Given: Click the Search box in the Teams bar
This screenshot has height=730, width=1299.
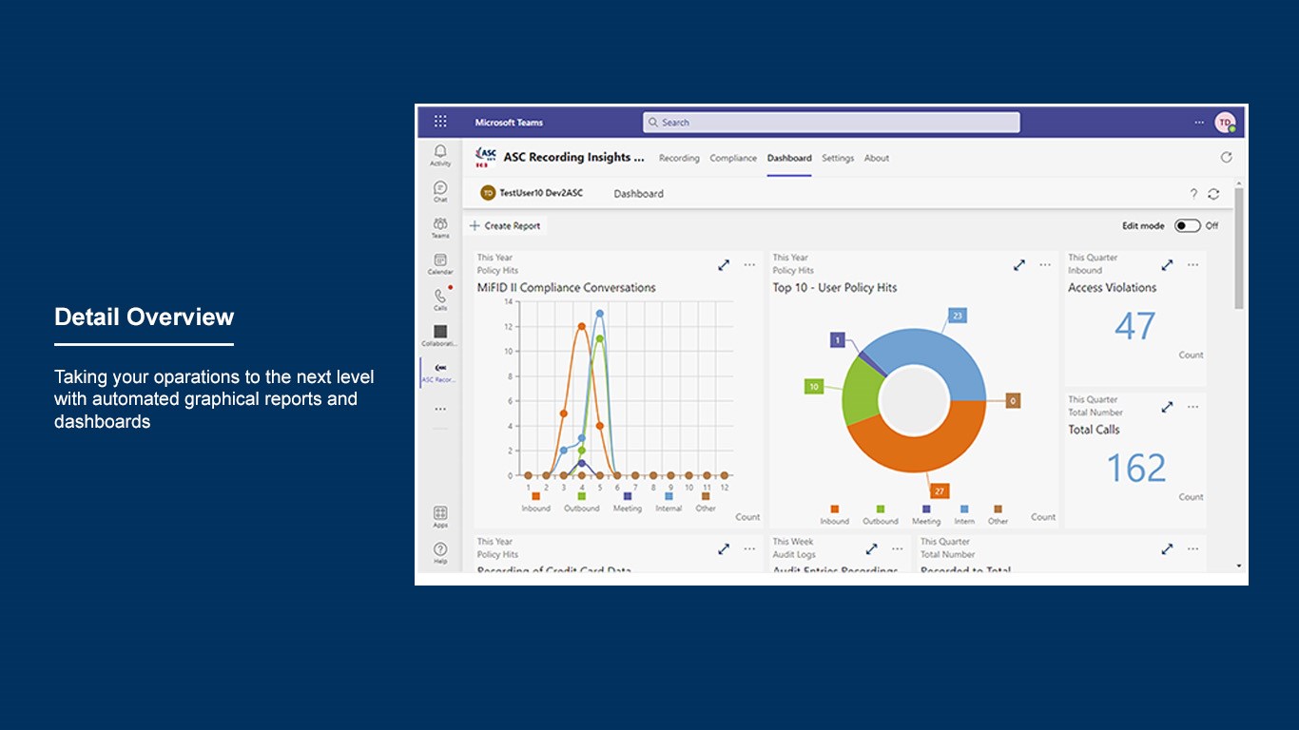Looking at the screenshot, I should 830,123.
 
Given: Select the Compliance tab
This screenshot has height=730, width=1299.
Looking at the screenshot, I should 733,159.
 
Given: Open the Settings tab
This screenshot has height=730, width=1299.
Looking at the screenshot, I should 838,159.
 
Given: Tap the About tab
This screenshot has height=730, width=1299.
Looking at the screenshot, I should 877,159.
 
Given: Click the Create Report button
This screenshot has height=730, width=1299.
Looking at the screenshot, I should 506,226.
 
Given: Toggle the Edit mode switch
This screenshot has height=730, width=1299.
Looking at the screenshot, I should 1187,226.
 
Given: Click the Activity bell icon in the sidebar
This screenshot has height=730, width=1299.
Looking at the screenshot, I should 440,151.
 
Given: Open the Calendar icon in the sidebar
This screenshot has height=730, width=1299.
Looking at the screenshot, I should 440,260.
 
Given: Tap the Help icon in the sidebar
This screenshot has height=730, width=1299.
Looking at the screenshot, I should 440,549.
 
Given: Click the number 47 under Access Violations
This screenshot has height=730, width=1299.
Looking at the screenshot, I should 1134,326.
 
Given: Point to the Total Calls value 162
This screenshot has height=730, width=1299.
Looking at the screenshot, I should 1135,468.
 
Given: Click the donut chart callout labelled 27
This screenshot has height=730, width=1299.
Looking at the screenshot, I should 940,490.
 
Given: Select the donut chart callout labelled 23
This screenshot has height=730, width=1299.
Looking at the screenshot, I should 957,316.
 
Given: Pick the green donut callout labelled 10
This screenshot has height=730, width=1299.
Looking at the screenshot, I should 814,387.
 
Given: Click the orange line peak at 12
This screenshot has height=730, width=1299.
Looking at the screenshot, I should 581,326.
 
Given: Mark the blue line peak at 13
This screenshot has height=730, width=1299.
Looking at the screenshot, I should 599,314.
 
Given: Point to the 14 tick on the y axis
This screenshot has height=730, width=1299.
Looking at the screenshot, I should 508,301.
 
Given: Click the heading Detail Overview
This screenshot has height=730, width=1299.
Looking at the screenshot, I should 144,317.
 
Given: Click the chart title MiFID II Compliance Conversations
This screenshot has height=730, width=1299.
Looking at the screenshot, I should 566,288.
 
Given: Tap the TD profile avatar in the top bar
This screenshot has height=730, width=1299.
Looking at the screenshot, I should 1225,123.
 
